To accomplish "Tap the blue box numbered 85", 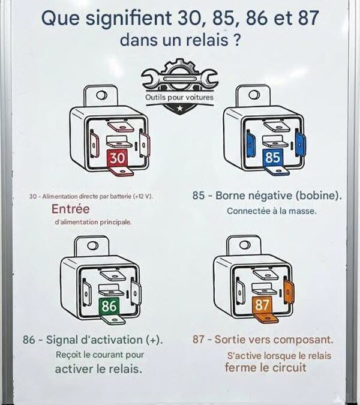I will pyautogui.click(x=273, y=158).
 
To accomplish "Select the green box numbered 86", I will pyautogui.click(x=109, y=306).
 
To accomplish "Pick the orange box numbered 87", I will pyautogui.click(x=262, y=305).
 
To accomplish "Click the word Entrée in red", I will pyautogui.click(x=70, y=209).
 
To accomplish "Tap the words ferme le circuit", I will pyautogui.click(x=266, y=367).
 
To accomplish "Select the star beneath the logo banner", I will pyautogui.click(x=179, y=107).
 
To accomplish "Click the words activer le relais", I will pyautogui.click(x=98, y=368).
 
